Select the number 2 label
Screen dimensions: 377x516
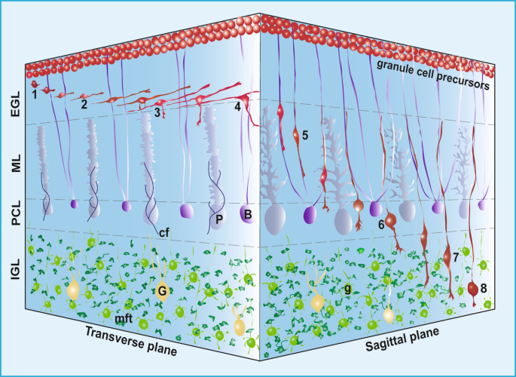84,104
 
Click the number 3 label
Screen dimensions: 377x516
157,112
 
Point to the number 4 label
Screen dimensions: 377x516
237,106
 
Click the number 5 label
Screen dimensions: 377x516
305,134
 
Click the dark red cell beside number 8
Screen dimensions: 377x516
473,288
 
